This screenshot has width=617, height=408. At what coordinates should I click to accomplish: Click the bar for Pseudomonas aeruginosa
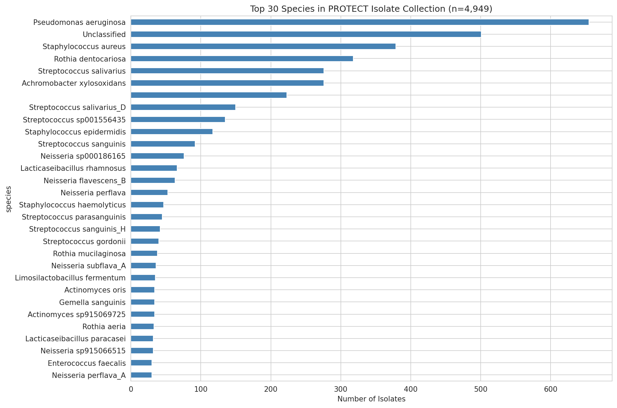pos(360,22)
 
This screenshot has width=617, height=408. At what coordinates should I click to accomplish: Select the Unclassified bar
pos(306,34)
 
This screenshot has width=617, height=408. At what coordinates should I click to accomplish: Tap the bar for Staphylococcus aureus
pos(263,46)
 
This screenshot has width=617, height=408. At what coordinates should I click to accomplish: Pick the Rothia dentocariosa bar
pos(242,59)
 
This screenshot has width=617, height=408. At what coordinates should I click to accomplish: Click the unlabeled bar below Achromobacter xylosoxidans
pos(209,95)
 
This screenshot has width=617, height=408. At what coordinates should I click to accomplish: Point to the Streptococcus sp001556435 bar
pos(178,120)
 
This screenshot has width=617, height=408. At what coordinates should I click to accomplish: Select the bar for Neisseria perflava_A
pos(141,375)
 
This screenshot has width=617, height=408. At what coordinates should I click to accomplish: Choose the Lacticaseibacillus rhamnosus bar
pos(154,168)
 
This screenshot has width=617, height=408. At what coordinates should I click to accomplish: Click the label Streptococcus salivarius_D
pos(77,108)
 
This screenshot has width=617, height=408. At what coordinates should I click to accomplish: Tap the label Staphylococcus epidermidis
pos(75,132)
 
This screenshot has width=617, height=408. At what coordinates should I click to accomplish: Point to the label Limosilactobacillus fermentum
pos(70,278)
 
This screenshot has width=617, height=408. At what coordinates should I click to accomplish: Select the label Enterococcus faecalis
pos(87,363)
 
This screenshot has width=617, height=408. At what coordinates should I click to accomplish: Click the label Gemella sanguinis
pos(92,303)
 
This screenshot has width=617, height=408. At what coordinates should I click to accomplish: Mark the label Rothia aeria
pos(104,327)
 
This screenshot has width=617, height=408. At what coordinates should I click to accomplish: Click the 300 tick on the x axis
pos(341,389)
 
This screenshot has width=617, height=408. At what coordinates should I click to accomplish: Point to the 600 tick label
pos(550,389)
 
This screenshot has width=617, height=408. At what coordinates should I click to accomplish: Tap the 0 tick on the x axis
pos(131,389)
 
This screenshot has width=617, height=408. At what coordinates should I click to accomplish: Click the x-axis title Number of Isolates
pos(371,399)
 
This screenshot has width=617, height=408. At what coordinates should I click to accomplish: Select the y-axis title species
pos(9,199)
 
